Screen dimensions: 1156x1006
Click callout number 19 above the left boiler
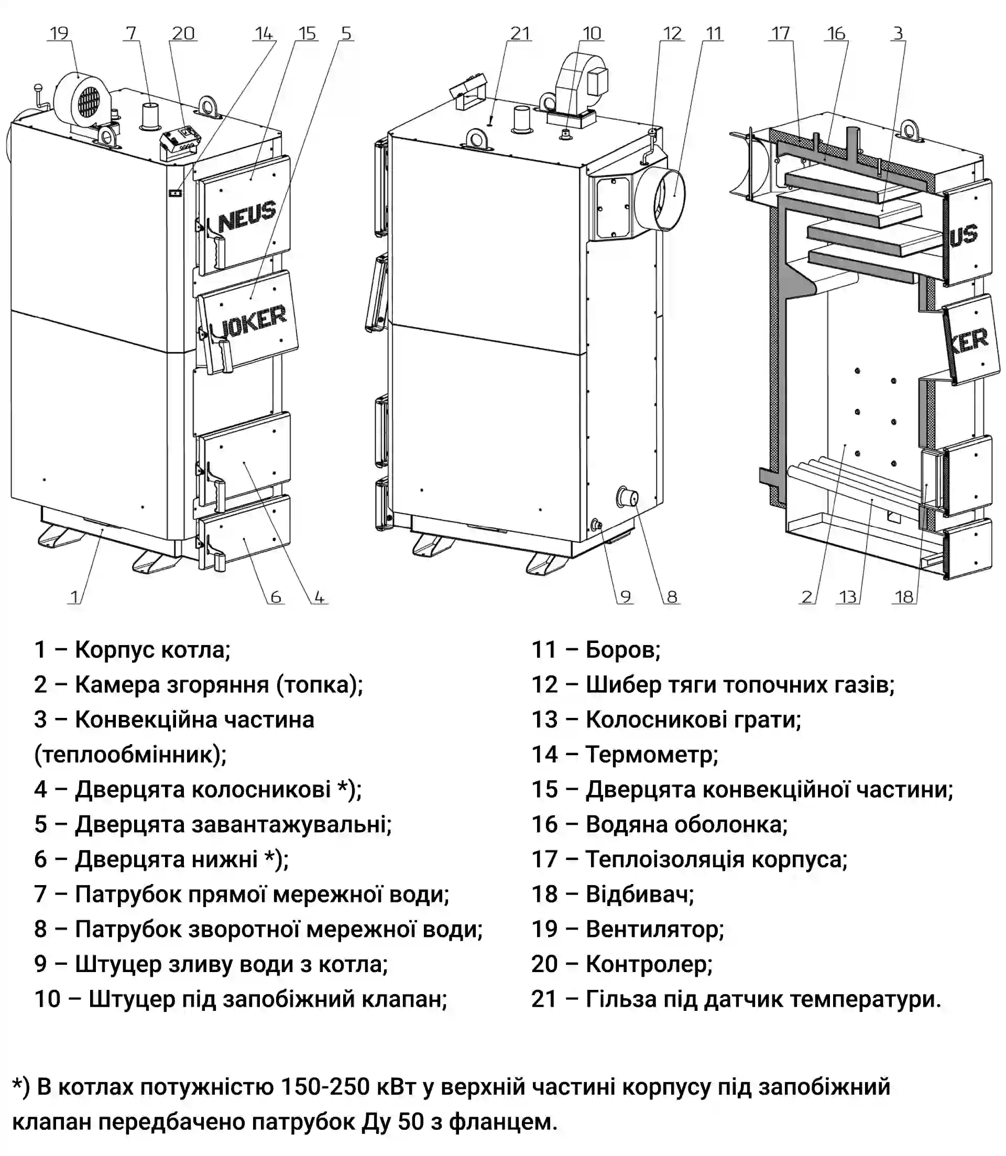(59, 33)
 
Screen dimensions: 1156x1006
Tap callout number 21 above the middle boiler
(520, 33)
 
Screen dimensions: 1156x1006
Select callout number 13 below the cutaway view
(847, 596)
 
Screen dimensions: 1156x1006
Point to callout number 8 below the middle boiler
(672, 596)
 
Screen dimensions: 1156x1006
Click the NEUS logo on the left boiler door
(247, 216)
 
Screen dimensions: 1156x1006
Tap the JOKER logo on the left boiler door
(253, 321)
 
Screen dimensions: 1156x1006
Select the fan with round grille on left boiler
(84, 100)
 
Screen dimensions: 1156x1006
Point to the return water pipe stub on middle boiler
(627, 497)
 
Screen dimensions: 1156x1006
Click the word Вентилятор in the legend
(654, 929)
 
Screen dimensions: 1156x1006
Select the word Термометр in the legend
(651, 755)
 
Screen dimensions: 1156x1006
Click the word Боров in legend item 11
(622, 650)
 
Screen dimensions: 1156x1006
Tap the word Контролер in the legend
(649, 964)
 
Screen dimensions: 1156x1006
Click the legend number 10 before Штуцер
(47, 999)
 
